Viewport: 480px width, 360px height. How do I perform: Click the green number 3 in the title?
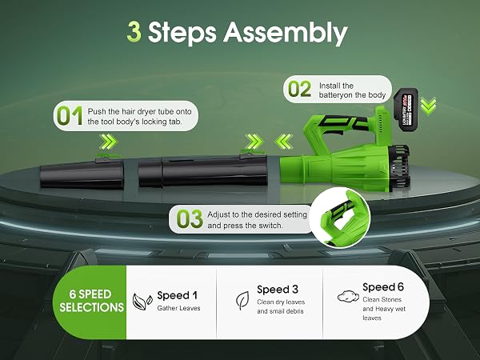(134, 32)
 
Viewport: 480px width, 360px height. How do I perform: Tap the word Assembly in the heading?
(286, 34)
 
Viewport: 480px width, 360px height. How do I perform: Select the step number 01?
(70, 116)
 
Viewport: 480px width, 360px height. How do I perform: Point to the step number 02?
(300, 89)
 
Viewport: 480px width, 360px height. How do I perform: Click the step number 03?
(190, 219)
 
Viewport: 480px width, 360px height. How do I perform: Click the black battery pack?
(406, 110)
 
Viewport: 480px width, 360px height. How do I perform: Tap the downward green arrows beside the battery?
(428, 106)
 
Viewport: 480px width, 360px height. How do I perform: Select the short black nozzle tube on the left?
(82, 173)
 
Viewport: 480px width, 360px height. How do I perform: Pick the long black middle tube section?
(203, 171)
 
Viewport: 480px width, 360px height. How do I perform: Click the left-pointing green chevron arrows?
(283, 142)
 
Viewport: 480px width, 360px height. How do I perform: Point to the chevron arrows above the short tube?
(109, 142)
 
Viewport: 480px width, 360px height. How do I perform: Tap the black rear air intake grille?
(399, 167)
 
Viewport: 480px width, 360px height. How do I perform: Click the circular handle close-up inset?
(340, 218)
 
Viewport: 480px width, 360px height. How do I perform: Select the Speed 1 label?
(178, 295)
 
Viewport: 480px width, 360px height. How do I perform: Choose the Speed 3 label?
(278, 290)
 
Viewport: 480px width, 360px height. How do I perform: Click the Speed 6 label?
(383, 287)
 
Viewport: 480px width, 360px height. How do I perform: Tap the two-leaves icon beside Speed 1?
(142, 302)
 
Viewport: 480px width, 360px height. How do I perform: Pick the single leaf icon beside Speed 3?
(242, 300)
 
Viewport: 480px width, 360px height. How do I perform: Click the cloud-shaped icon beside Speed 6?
(348, 296)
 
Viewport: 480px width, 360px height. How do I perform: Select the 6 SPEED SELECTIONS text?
(91, 301)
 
